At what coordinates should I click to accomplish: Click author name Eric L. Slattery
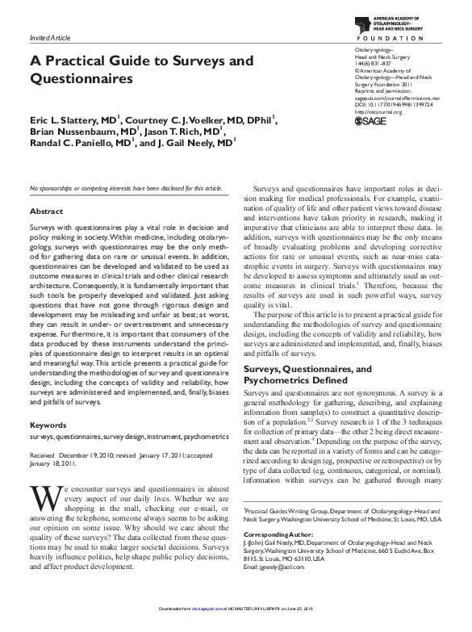(73, 119)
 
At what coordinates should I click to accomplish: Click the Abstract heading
(46, 211)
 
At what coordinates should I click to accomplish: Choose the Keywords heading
(48, 425)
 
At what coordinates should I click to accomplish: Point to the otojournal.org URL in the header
(378, 111)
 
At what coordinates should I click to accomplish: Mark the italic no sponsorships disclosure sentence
(125, 188)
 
